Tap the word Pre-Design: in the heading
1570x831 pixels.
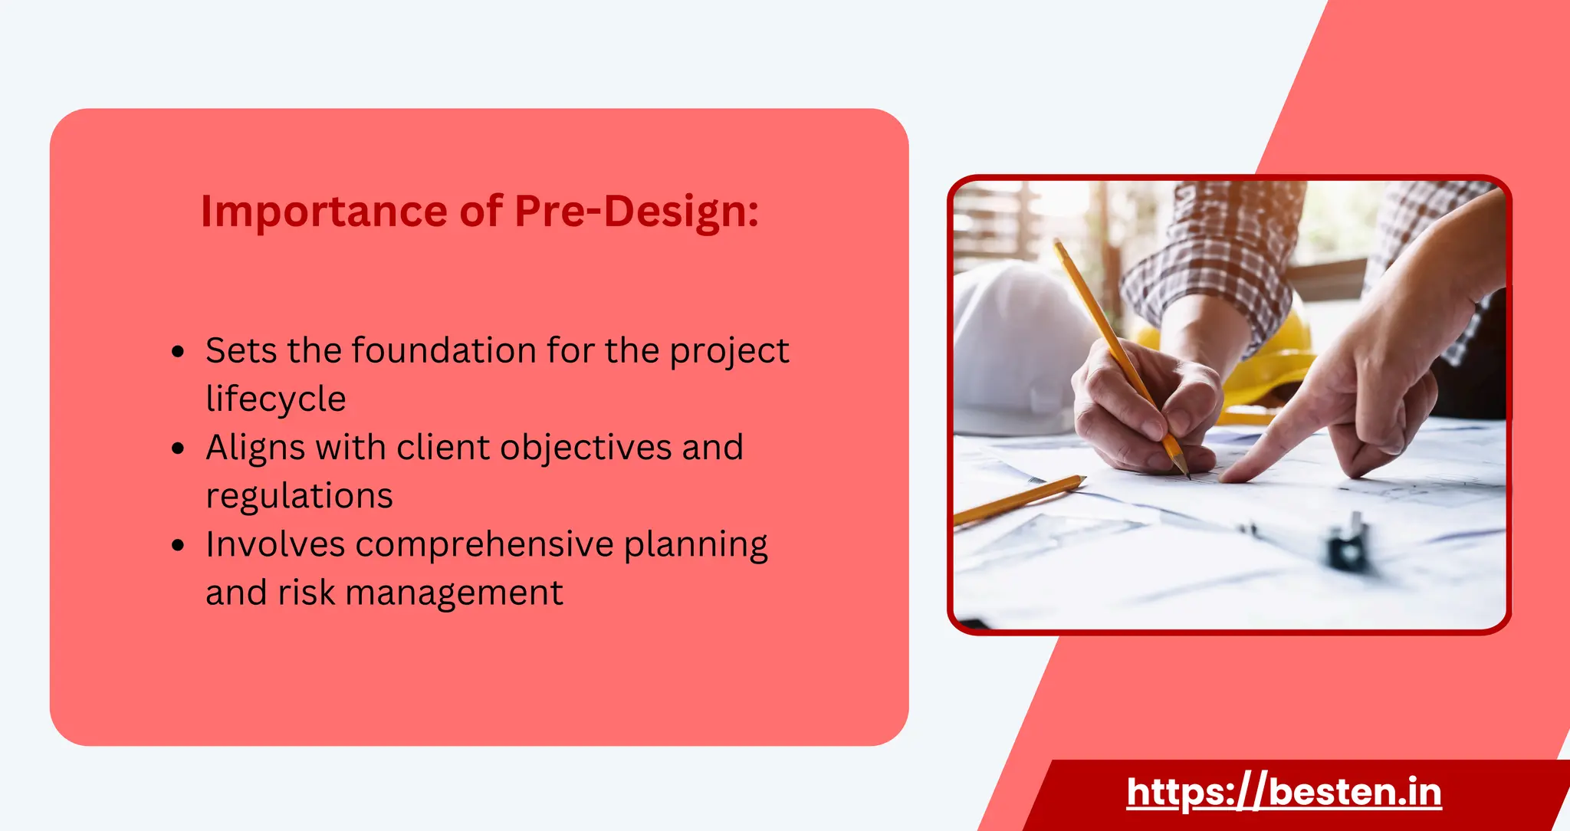point(636,212)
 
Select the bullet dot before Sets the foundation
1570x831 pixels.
point(178,352)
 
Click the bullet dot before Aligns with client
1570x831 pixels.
point(178,448)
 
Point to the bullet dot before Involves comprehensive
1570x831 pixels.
point(178,545)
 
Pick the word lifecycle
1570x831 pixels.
point(275,399)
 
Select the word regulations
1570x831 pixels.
point(299,496)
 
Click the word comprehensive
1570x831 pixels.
point(484,544)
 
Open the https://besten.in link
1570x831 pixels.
point(1284,792)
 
